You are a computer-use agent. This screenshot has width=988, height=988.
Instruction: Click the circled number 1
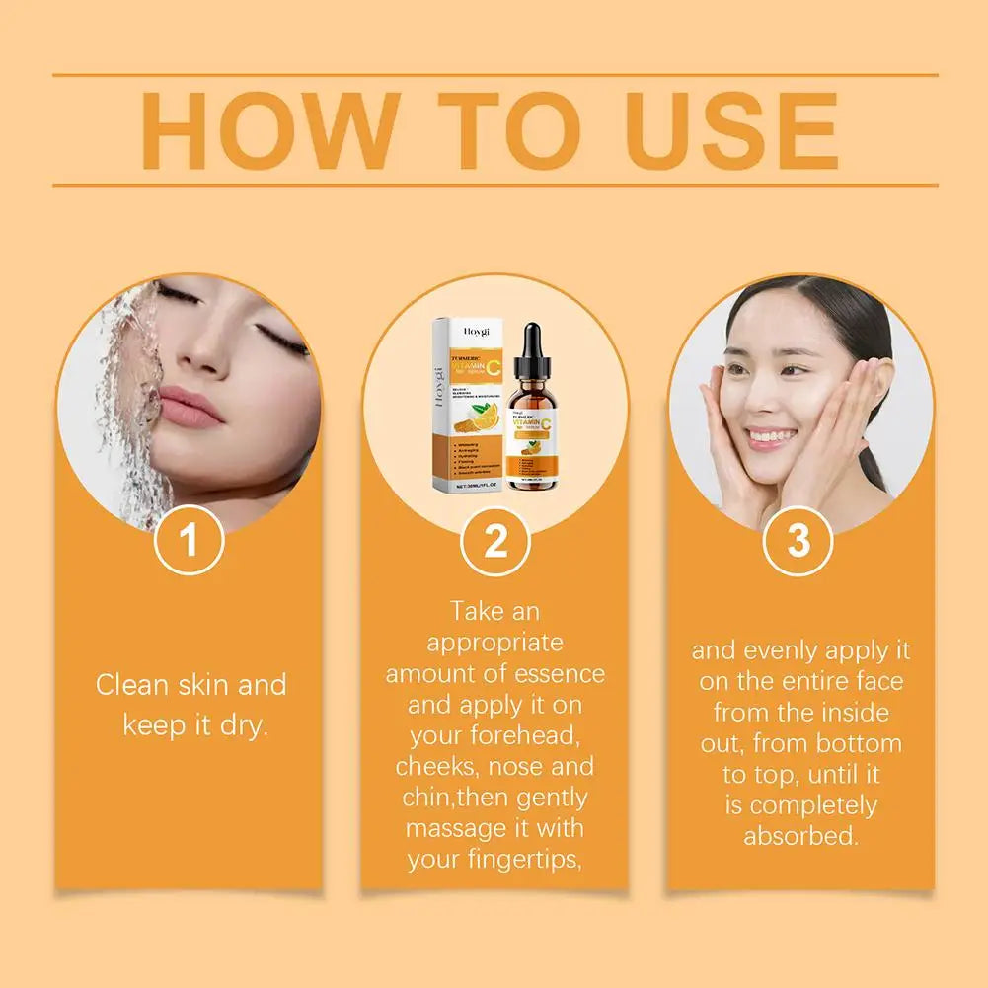click(x=190, y=540)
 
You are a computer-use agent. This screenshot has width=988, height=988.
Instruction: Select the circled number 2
click(x=495, y=540)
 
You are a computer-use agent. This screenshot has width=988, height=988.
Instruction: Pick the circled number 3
click(x=798, y=540)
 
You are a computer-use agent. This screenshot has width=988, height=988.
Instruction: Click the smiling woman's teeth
click(x=771, y=434)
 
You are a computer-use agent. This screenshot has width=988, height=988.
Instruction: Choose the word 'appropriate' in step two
click(x=495, y=643)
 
